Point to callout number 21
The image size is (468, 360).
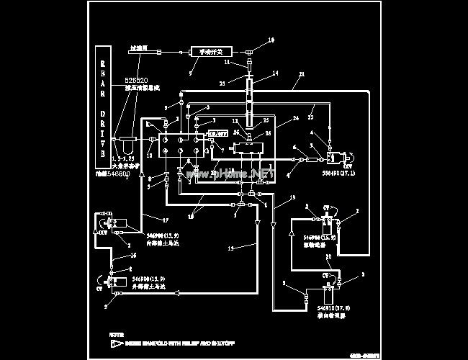pyautogui.click(x=302, y=74)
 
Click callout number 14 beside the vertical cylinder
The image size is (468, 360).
pyautogui.click(x=275, y=73)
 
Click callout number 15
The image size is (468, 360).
pyautogui.click(x=230, y=249)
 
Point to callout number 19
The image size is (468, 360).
pyautogui.click(x=292, y=197)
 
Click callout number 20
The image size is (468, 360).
pyautogui.click(x=328, y=257)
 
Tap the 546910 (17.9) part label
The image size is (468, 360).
pyautogui.click(x=333, y=308)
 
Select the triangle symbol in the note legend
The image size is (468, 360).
pyautogui.click(x=114, y=346)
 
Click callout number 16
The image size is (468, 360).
pyautogui.click(x=133, y=256)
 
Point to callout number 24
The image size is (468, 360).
pyautogui.click(x=296, y=118)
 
